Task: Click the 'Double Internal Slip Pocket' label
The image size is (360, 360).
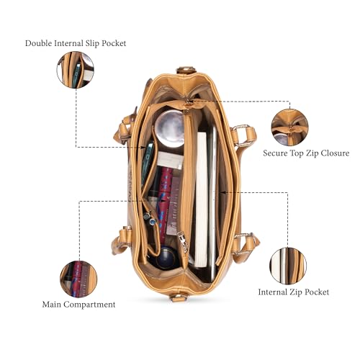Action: (76, 43)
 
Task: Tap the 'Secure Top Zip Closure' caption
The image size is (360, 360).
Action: (306, 153)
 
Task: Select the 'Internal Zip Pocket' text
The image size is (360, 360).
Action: (293, 292)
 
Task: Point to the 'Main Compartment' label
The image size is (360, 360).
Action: (78, 305)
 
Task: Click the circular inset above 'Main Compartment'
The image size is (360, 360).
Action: (78, 279)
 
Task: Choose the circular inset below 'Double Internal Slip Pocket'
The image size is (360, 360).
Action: (76, 70)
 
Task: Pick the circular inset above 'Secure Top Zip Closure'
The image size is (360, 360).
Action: (289, 127)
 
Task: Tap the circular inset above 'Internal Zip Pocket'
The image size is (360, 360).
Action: (288, 266)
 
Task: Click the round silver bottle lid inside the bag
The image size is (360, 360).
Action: (170, 128)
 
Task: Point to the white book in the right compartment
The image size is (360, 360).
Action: (201, 199)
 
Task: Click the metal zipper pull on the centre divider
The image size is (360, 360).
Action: (183, 241)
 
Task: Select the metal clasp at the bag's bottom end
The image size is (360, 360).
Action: (178, 298)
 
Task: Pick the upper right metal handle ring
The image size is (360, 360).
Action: (240, 135)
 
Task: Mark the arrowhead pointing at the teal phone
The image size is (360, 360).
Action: (143, 147)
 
